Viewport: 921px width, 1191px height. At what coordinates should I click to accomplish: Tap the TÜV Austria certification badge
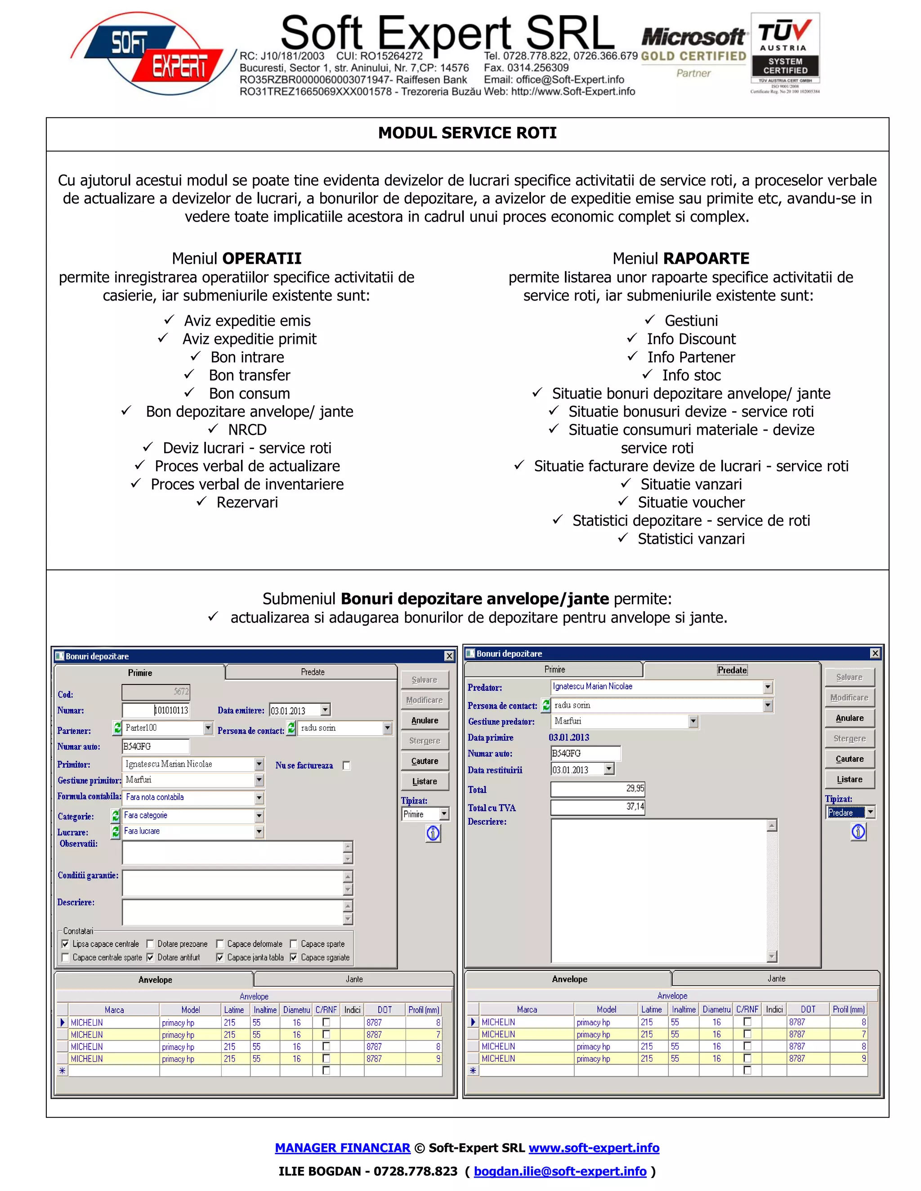tap(785, 53)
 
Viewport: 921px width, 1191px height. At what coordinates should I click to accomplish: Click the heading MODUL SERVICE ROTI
tap(467, 133)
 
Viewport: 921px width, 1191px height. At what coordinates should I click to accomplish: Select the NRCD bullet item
tap(247, 430)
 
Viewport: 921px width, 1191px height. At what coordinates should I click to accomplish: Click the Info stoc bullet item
tap(691, 375)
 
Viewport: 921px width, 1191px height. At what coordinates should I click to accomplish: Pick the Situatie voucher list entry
tap(691, 502)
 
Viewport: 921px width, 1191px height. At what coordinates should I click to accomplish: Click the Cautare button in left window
tap(425, 761)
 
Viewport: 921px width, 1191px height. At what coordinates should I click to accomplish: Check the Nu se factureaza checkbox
tap(346, 766)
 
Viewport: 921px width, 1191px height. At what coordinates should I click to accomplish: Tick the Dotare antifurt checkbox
tap(150, 958)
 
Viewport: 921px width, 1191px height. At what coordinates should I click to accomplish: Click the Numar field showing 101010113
tap(156, 710)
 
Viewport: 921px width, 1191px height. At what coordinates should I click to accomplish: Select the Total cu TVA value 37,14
tap(598, 807)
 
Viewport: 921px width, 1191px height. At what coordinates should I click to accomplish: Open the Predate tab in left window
tap(312, 672)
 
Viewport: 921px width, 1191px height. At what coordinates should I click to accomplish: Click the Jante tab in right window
tap(776, 979)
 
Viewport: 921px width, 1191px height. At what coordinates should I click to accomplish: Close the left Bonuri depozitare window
tap(449, 656)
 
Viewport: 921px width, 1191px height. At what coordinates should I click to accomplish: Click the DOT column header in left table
tap(384, 1010)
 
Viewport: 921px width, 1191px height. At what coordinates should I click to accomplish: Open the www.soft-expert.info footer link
tap(594, 1148)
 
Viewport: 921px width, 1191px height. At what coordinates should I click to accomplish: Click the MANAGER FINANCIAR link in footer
tap(342, 1148)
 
